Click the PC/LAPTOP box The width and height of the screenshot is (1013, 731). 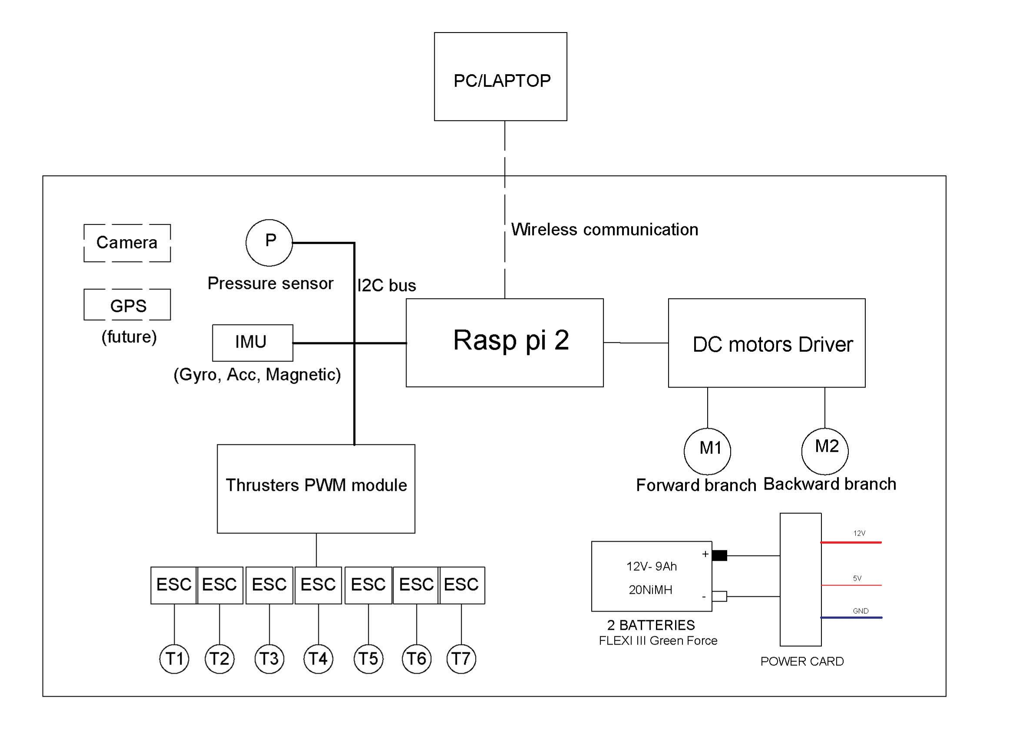pyautogui.click(x=500, y=77)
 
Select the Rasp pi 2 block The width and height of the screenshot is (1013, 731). pyautogui.click(x=504, y=343)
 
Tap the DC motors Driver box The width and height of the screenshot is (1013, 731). pyautogui.click(x=766, y=343)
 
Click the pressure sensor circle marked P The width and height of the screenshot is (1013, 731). pyautogui.click(x=269, y=242)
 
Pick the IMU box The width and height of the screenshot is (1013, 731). pyautogui.click(x=252, y=343)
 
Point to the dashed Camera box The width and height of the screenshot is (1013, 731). pyautogui.click(x=127, y=243)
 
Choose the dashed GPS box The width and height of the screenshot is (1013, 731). pyautogui.click(x=127, y=304)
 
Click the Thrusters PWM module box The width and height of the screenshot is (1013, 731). pyautogui.click(x=316, y=489)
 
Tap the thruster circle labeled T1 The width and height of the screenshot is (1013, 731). pyautogui.click(x=174, y=658)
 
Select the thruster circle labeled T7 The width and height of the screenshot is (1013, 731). pyautogui.click(x=461, y=658)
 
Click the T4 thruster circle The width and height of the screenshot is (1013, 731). pyautogui.click(x=318, y=658)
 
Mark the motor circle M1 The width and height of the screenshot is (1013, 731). pyautogui.click(x=707, y=451)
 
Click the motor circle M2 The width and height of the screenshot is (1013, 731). pyautogui.click(x=824, y=451)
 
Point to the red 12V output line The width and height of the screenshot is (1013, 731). pyautogui.click(x=851, y=542)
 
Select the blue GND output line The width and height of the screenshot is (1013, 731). pyautogui.click(x=851, y=618)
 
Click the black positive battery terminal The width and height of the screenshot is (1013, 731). pyautogui.click(x=719, y=556)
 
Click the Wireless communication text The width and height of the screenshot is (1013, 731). pyautogui.click(x=604, y=229)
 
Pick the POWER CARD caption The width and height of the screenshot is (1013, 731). pyautogui.click(x=802, y=662)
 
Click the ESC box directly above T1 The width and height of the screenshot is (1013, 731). pyautogui.click(x=173, y=585)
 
